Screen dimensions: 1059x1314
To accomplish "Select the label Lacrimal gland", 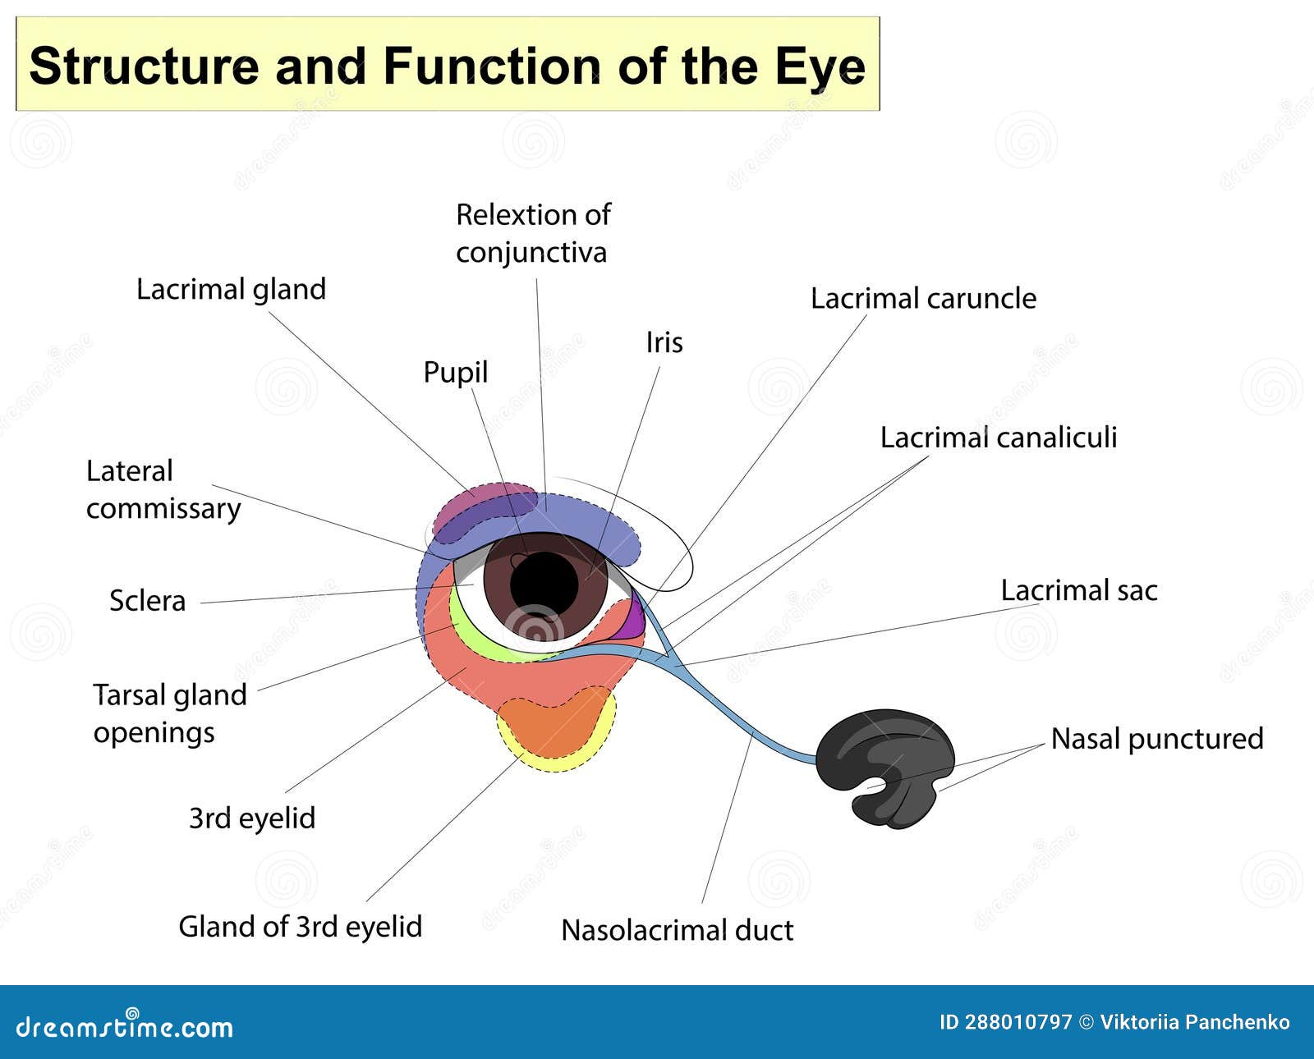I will click(231, 290).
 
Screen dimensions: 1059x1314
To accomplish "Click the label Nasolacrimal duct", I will click(677, 930).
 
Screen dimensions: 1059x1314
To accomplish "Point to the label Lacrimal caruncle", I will click(923, 299).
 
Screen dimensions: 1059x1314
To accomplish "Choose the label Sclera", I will click(148, 601).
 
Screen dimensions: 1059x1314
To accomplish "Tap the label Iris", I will click(664, 342).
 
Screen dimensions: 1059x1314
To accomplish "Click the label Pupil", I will click(455, 373).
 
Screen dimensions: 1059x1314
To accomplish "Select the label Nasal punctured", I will click(1156, 739).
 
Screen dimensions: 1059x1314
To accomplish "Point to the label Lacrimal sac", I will click(1078, 591).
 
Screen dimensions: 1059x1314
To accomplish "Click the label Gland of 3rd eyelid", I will click(300, 927).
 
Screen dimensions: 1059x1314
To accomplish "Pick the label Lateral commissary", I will click(163, 490).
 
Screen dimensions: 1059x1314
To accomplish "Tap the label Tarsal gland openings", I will click(169, 713).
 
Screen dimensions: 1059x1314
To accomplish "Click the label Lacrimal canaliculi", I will click(998, 438).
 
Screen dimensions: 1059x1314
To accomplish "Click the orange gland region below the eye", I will click(554, 727).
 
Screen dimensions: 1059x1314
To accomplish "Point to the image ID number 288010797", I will click(1018, 1022).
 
